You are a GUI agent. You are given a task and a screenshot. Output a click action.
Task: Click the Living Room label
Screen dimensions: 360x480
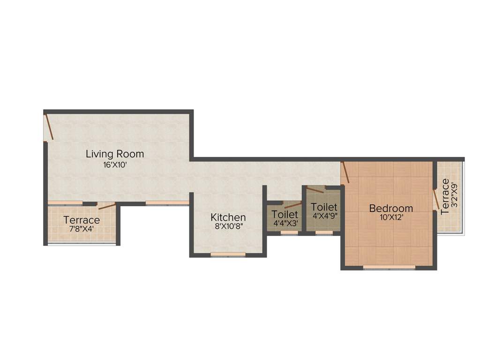pyautogui.click(x=115, y=154)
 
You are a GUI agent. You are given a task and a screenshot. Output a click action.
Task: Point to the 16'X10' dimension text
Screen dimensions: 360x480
pyautogui.click(x=115, y=165)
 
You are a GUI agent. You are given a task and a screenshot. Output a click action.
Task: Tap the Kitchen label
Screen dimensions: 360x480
pyautogui.click(x=228, y=217)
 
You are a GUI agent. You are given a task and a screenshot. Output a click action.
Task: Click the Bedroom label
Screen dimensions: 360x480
pyautogui.click(x=391, y=208)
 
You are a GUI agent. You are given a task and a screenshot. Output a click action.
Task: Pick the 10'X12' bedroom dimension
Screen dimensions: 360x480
pyautogui.click(x=391, y=217)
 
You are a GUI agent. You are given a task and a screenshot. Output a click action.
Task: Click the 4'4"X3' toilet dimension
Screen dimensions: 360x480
pyautogui.click(x=285, y=223)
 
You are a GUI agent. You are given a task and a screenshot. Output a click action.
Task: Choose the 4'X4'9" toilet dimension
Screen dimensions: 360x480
pyautogui.click(x=324, y=216)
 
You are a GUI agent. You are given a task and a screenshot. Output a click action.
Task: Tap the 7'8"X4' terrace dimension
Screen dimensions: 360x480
pyautogui.click(x=82, y=230)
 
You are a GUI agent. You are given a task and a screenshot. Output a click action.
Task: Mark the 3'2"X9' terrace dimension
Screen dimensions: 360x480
pyautogui.click(x=454, y=196)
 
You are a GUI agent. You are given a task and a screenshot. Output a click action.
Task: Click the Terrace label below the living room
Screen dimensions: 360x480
pyautogui.click(x=82, y=220)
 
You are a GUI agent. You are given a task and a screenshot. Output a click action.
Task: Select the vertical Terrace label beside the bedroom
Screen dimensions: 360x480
pyautogui.click(x=445, y=196)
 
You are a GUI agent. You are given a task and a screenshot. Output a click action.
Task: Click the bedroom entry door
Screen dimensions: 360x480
pyautogui.click(x=345, y=172)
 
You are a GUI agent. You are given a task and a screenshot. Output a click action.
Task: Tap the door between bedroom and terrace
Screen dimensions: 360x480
pyautogui.click(x=436, y=199)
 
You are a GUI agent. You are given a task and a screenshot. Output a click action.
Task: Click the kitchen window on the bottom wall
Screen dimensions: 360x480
pyautogui.click(x=228, y=255)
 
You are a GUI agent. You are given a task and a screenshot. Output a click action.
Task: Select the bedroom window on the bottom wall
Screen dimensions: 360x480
pyautogui.click(x=389, y=267)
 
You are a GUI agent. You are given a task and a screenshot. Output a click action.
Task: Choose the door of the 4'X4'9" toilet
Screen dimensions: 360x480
pyautogui.click(x=315, y=191)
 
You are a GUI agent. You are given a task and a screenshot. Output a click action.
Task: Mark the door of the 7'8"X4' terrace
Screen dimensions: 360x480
pyautogui.click(x=107, y=206)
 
